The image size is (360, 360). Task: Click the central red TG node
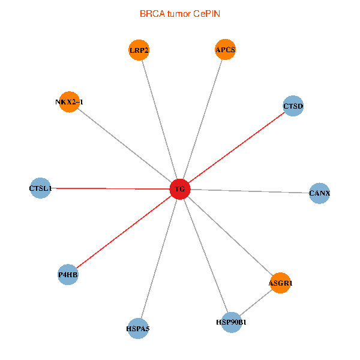(180, 189)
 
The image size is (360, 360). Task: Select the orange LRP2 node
(139, 50)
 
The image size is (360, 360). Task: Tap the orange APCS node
(225, 50)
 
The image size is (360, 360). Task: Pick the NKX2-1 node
(70, 102)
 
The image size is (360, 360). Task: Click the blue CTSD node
(293, 106)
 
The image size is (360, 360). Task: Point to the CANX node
(319, 193)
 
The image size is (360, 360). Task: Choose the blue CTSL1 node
(40, 188)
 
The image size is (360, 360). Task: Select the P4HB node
(68, 275)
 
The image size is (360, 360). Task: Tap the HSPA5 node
(138, 329)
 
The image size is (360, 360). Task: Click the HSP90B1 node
(232, 322)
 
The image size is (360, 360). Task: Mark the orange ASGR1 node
(280, 283)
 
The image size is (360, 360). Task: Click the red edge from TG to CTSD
(236, 148)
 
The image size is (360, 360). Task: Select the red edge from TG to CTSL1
(110, 188)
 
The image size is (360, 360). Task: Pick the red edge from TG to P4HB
(124, 232)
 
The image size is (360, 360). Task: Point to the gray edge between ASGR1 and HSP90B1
(256, 302)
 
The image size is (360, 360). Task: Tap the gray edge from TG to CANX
(250, 191)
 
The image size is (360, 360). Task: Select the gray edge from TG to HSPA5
(159, 259)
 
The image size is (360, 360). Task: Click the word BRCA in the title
(152, 14)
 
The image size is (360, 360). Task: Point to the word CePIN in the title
(206, 14)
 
